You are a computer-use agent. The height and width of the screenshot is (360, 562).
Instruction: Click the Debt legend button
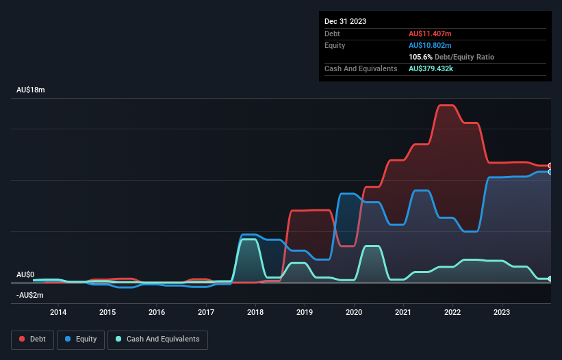(x=32, y=339)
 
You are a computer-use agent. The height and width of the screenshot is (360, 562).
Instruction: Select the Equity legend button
(x=81, y=339)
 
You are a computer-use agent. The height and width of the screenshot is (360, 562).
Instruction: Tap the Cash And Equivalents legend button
(x=157, y=339)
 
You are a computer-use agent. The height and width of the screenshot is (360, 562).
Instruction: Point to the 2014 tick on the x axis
(x=58, y=312)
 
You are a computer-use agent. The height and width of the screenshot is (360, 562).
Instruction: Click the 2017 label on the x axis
(x=206, y=312)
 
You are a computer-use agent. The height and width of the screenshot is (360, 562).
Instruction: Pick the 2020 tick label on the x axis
(x=354, y=312)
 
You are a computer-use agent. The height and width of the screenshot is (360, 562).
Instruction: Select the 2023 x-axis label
(x=502, y=312)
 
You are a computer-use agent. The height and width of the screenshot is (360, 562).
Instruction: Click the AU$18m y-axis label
(x=31, y=90)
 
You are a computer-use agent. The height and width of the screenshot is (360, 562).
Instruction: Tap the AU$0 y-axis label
(x=26, y=274)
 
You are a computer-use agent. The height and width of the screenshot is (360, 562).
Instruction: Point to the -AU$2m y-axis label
(x=31, y=295)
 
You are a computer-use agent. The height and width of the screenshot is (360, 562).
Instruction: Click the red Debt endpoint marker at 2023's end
(x=550, y=166)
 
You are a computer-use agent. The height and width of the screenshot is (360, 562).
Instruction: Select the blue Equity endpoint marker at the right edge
(x=550, y=172)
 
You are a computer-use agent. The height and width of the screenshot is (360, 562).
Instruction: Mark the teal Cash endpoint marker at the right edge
(x=550, y=279)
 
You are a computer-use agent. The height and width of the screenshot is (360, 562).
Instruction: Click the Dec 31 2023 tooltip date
(x=345, y=21)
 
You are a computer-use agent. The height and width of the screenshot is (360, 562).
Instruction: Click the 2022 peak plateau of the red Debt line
(x=446, y=105)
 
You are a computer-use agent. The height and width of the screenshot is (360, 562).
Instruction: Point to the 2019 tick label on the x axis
(x=305, y=312)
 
